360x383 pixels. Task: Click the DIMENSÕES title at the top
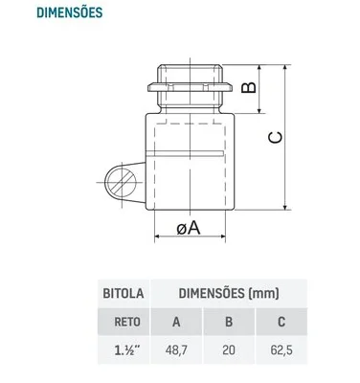70,12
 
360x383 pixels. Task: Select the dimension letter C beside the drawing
275,137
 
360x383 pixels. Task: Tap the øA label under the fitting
189,228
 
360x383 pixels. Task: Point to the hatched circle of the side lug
121,183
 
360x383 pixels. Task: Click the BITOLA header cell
124,293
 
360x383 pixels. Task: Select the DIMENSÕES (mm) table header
229,293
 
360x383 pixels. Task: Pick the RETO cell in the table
127,322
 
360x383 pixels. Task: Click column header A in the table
176,322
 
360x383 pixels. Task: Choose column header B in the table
229,322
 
